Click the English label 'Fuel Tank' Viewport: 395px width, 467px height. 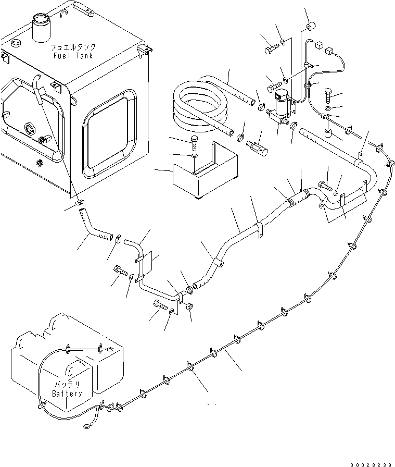[x=72, y=55]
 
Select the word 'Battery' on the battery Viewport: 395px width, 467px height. [x=67, y=394]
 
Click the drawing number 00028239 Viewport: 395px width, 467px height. [x=371, y=462]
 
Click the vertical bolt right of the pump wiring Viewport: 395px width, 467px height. [x=329, y=95]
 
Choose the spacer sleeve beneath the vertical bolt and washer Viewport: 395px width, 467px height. [x=329, y=134]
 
